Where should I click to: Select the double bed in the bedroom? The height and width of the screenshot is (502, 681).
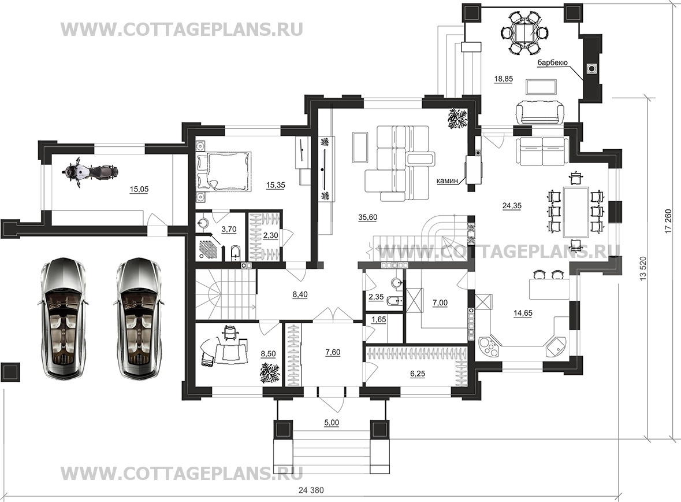[223, 171]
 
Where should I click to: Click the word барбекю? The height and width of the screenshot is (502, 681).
[552, 62]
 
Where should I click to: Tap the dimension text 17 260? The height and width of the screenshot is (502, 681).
[668, 222]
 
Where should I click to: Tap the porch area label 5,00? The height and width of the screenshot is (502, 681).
[332, 422]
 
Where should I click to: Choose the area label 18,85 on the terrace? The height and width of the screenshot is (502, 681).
[503, 79]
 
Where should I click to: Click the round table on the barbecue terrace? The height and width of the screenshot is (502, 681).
[525, 33]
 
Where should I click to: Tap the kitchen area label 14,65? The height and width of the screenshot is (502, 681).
[523, 313]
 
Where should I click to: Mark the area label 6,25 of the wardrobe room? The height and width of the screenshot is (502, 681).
[418, 373]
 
